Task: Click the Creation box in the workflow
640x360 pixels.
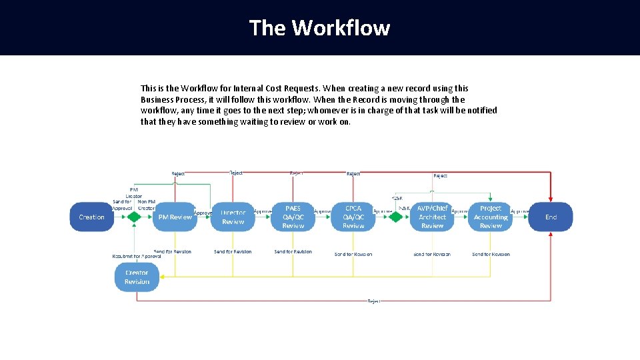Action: tap(91, 217)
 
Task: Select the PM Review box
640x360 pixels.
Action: tap(175, 217)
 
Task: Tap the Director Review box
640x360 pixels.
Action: tap(233, 217)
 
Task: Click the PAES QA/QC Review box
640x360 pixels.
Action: tap(293, 217)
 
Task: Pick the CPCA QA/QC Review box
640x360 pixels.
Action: tap(353, 217)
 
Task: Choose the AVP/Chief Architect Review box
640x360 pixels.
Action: tap(432, 217)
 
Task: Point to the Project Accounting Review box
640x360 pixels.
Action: tap(491, 217)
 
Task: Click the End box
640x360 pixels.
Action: tap(551, 217)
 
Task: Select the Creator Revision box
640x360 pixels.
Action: tap(137, 277)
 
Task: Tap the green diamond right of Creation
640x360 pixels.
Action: tap(134, 217)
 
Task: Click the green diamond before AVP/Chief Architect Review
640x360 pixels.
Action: tap(397, 217)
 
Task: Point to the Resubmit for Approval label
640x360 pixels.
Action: tap(137, 256)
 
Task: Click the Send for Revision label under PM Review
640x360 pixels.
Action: tap(173, 251)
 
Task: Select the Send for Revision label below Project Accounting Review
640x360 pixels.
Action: tap(491, 254)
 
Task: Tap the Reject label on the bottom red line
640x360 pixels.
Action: tap(374, 301)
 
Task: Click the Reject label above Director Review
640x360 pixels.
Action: tap(236, 173)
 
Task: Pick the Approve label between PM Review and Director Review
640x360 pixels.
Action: tap(203, 213)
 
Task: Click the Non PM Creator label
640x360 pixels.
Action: tap(146, 205)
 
